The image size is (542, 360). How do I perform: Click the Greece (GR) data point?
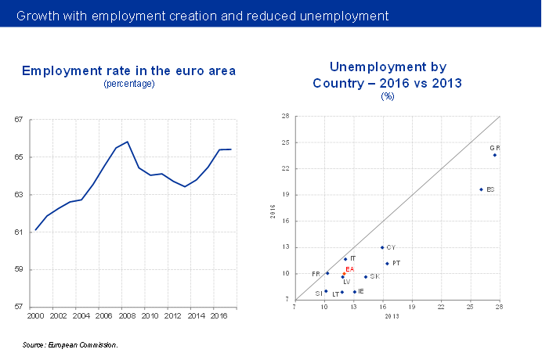coord(495,155)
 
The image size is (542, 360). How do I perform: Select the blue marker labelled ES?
coord(481,189)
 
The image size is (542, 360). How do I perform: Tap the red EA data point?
coord(344,274)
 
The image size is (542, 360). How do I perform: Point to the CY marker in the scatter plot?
coord(382,247)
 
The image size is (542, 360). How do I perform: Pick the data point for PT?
coord(387,264)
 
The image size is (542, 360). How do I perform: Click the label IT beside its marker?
coord(353,258)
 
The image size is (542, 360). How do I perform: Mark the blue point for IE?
coord(355,292)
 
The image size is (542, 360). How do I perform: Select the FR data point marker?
coord(327,273)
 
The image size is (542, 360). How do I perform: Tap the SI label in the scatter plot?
coord(318,293)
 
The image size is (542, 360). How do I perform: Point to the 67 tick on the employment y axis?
coord(18,120)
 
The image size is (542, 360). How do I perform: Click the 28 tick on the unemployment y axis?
coord(286,116)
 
